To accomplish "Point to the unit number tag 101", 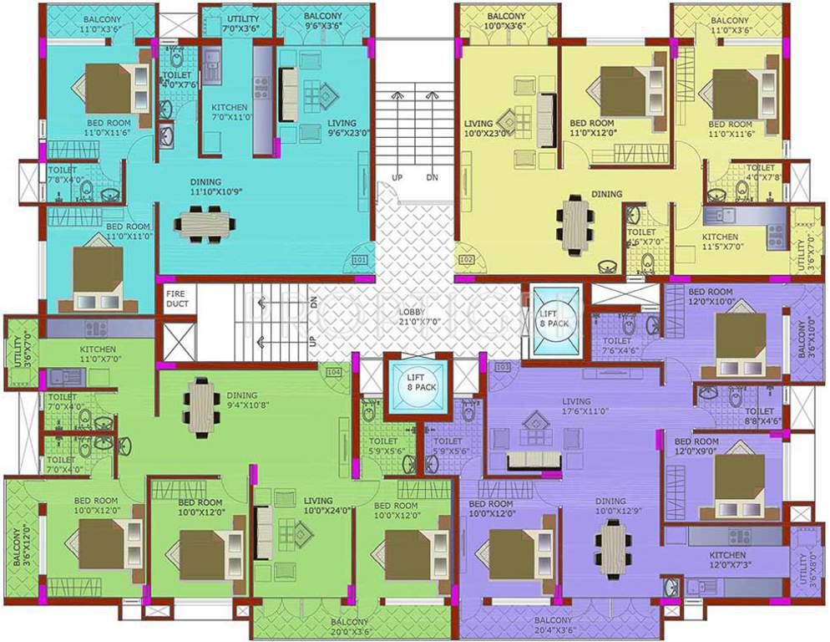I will [x=359, y=261].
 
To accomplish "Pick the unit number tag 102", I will [x=466, y=261].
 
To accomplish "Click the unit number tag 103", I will [x=503, y=368].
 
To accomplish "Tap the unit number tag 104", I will [x=334, y=371].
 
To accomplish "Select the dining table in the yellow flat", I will [x=578, y=223].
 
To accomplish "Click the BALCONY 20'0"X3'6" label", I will [x=349, y=627].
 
